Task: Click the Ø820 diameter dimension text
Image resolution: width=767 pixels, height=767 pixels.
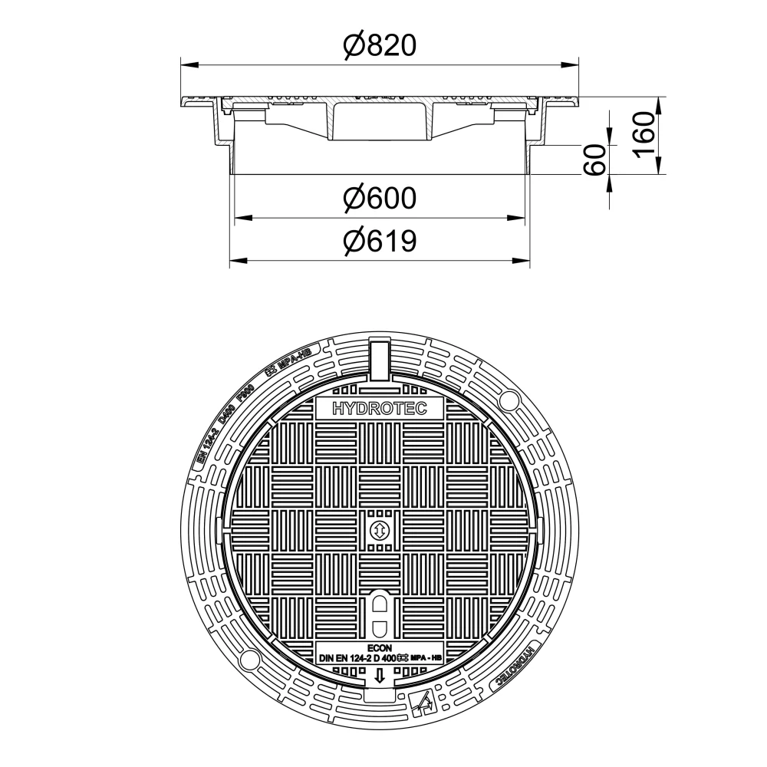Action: (x=380, y=46)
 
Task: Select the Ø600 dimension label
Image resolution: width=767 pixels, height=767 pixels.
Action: (x=380, y=199)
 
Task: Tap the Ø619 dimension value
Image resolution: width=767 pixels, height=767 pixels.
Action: (x=380, y=242)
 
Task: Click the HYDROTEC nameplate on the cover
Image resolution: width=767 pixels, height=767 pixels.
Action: (x=379, y=409)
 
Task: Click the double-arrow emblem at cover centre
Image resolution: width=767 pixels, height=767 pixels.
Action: (x=379, y=529)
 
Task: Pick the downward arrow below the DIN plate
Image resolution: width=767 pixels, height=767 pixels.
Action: (x=379, y=676)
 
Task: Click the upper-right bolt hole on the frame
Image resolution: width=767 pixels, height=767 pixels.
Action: (x=508, y=400)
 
